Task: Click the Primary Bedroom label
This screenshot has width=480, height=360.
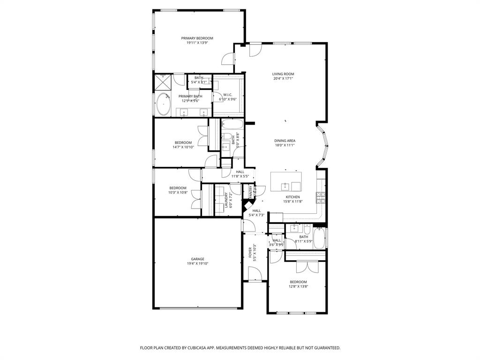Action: [197, 38]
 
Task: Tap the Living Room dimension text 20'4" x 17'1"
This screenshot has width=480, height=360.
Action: [283, 79]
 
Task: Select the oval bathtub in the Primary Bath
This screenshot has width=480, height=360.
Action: [163, 104]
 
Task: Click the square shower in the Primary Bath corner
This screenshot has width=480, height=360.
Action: [163, 82]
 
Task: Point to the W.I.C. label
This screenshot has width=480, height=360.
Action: [228, 95]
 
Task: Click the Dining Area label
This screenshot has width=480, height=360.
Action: [285, 141]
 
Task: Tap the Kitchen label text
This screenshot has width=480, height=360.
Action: [293, 197]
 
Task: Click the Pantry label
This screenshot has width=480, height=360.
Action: [250, 191]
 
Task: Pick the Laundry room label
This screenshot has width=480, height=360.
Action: [226, 200]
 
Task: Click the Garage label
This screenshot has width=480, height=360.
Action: [197, 259]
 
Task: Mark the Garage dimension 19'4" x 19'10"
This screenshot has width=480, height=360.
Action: [197, 263]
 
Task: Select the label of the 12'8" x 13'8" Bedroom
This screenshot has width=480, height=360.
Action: [298, 282]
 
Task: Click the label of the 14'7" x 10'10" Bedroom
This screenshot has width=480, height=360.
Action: [183, 142]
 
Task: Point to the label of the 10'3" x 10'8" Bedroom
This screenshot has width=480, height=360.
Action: [178, 188]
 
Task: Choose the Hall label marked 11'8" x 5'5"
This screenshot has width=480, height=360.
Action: [240, 172]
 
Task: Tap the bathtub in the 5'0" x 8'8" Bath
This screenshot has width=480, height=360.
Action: [232, 125]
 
